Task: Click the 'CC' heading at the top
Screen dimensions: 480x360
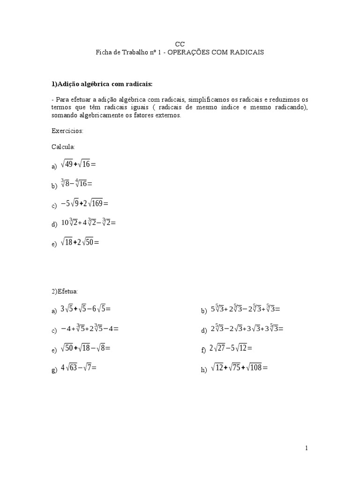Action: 180,44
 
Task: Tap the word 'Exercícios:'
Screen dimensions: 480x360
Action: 67,131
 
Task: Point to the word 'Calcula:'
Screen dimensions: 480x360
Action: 63,147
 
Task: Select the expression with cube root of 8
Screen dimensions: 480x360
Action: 76,184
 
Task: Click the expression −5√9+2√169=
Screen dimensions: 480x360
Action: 84,204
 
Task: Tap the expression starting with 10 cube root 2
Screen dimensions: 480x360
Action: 88,223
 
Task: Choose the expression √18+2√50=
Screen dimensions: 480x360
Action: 80,242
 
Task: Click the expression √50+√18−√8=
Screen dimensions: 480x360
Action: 85,348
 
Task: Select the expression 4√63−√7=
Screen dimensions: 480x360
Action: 78,368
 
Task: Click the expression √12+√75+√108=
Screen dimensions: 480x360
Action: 239,368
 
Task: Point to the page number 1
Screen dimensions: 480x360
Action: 307,448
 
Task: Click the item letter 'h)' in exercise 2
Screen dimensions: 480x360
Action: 204,370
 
